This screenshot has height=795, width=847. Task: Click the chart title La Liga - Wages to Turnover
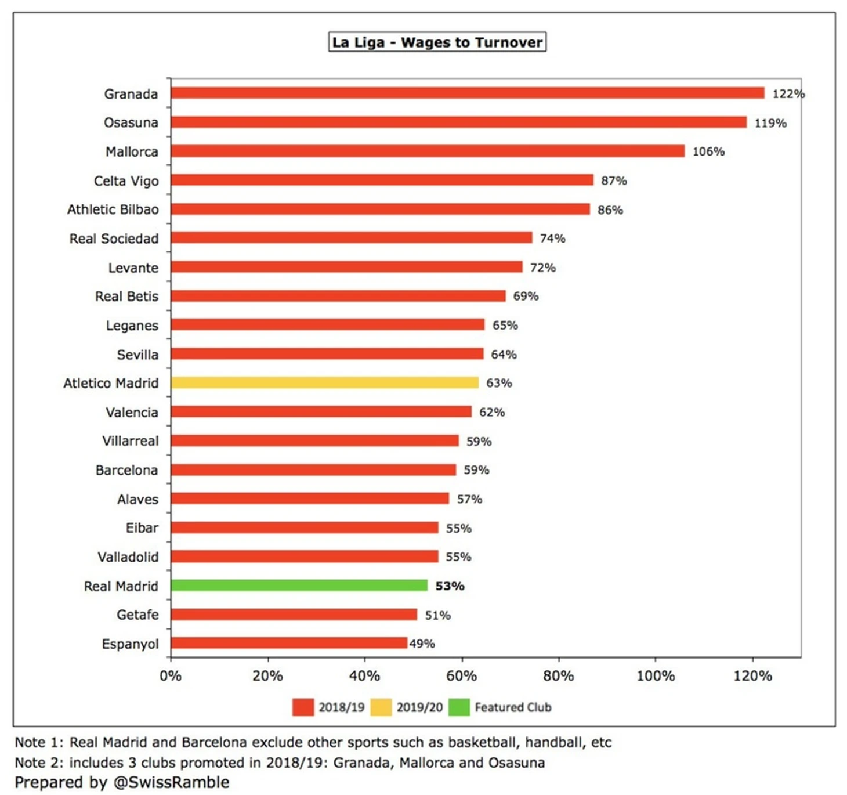pos(437,42)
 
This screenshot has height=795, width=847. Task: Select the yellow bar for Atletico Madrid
pos(324,382)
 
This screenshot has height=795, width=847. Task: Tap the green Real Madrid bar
pos(299,586)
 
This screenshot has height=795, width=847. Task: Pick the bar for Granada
pos(467,93)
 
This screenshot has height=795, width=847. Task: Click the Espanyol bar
pos(288,643)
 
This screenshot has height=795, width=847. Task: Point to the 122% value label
pos(788,94)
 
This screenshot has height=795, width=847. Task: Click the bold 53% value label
pos(450,586)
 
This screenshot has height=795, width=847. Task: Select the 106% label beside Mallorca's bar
pos(708,151)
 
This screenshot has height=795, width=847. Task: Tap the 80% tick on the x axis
pos(558,676)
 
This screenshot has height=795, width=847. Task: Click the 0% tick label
pos(171,676)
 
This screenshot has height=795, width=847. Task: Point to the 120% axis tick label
pos(752,676)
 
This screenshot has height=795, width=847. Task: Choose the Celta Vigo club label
pos(126,181)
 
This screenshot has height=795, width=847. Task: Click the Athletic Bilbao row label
pos(113,209)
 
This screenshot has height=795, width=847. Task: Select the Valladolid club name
pos(128,557)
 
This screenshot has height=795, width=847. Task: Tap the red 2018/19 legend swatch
pos(303,707)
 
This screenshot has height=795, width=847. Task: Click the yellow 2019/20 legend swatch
pos(381,707)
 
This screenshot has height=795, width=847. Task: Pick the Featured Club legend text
pos(513,707)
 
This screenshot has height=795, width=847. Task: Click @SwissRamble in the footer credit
pos(171,782)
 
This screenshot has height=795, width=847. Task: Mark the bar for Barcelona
pos(313,469)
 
